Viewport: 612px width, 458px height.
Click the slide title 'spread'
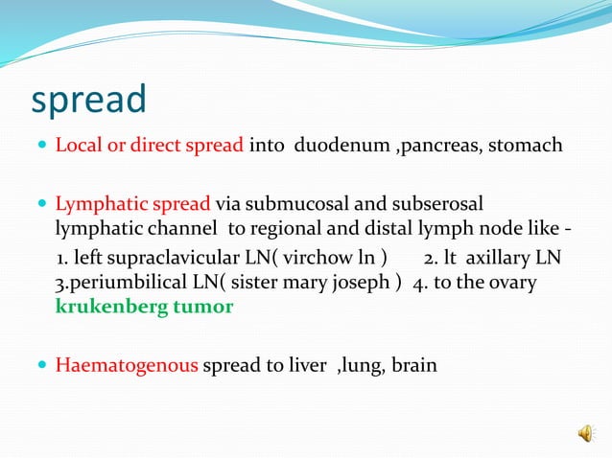[x=88, y=99]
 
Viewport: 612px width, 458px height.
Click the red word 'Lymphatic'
[x=94, y=204]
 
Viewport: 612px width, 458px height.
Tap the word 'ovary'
[x=514, y=284]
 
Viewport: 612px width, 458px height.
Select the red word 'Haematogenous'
[x=127, y=365]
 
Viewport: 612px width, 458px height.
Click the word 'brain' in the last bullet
[x=413, y=365]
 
